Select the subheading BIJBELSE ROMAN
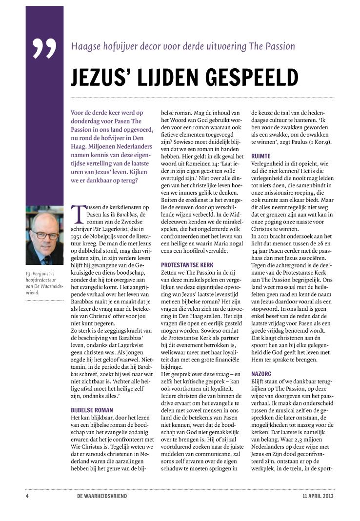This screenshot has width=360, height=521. tap(92, 410)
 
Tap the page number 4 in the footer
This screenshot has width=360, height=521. tap(28, 497)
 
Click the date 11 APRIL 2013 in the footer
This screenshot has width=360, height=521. tap(318, 497)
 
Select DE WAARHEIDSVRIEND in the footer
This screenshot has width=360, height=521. tap(98, 497)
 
